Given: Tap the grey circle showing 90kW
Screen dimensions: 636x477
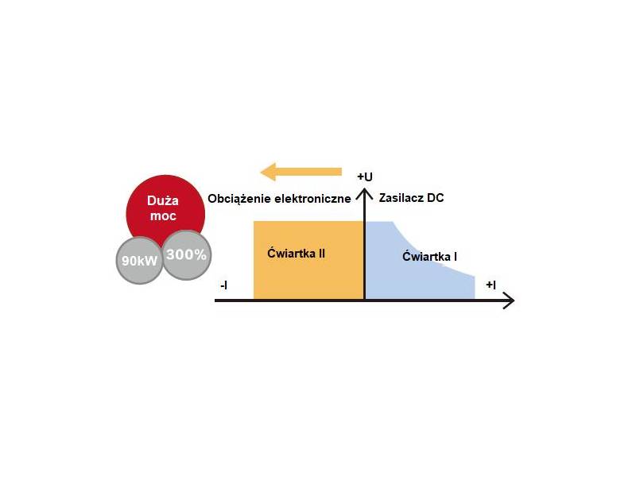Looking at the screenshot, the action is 139,260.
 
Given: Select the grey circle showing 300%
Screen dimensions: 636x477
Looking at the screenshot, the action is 187,254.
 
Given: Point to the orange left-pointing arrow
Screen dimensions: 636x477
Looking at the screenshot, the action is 301,172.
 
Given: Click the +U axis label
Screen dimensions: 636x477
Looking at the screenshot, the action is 365,176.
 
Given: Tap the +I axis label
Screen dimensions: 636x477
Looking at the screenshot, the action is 491,285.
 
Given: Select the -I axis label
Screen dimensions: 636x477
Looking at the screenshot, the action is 223,285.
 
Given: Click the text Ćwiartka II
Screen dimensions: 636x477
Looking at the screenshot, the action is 296,253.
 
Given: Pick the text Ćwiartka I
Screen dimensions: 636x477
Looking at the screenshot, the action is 429,256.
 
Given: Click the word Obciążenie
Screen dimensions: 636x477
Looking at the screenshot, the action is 239,199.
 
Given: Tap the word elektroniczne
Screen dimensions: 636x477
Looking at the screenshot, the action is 312,198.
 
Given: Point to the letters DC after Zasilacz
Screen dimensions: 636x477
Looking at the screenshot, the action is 436,197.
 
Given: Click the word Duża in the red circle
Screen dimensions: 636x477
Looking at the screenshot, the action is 163,200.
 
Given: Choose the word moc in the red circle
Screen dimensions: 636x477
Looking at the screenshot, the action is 163,215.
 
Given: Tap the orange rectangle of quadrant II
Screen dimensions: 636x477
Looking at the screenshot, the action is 308,260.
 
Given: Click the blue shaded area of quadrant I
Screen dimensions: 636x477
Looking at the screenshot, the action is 421,261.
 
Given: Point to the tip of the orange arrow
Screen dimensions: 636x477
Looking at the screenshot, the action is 261,172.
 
